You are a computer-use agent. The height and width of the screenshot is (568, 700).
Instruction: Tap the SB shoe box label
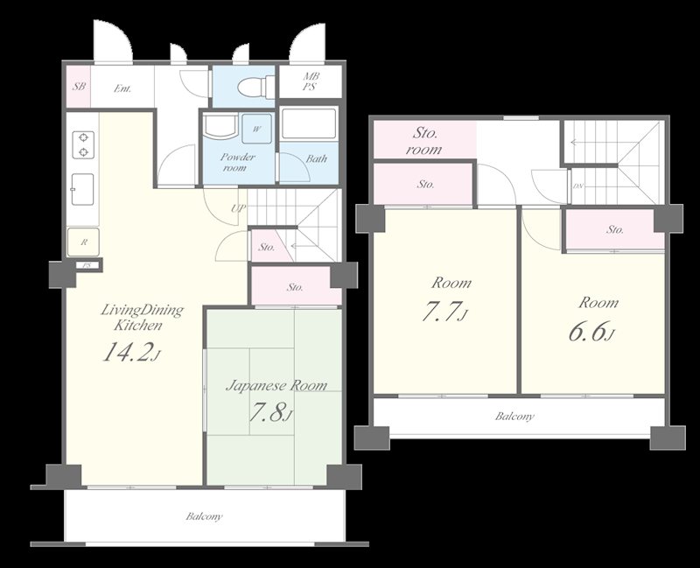pos(79,86)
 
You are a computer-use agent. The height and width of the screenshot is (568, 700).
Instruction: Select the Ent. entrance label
pos(122,88)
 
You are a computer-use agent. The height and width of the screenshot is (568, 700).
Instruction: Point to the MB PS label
pos(311,81)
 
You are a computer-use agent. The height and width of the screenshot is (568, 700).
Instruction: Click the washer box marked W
pos(256,129)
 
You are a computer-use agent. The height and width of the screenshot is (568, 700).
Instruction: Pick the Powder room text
pos(237,162)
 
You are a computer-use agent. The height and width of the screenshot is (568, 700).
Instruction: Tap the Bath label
pos(316,158)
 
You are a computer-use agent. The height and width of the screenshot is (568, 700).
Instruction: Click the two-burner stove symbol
pos(83,145)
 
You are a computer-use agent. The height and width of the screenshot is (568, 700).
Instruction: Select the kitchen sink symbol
pos(82,189)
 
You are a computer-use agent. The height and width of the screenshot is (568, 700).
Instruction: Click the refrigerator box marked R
pos(83,242)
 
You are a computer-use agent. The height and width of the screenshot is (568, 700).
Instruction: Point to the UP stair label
pos(238,208)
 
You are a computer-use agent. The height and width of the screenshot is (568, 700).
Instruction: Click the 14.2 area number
pos(127,352)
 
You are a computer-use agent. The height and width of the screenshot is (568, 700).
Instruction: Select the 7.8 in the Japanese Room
pos(268,413)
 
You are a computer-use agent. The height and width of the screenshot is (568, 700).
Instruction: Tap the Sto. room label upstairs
pos(424,141)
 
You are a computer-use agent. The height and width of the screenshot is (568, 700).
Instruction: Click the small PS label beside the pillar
pos(87,265)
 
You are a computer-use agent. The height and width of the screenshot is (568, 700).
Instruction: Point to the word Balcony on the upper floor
pos(514,417)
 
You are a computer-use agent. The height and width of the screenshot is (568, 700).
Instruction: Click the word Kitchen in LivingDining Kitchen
pos(138,325)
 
